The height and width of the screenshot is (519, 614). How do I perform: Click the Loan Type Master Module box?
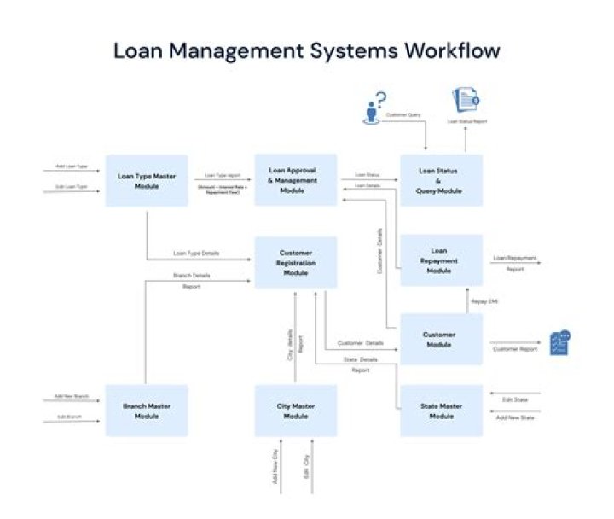pyautogui.click(x=147, y=180)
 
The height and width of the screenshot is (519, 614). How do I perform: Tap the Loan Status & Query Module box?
pyautogui.click(x=441, y=180)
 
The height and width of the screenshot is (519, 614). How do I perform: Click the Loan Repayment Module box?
pyautogui.click(x=441, y=260)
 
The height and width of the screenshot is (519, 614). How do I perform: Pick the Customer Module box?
pyautogui.click(x=441, y=339)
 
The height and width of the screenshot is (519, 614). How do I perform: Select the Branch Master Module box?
pyautogui.click(x=147, y=411)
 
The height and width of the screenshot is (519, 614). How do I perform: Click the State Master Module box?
pyautogui.click(x=441, y=411)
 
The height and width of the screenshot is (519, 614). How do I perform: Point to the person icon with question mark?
pyautogui.click(x=373, y=108)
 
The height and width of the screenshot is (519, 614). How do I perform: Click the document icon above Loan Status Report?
pyautogui.click(x=466, y=102)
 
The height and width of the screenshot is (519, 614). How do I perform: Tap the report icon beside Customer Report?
pyautogui.click(x=559, y=342)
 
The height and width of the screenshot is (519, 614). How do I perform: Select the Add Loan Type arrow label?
pyautogui.click(x=72, y=166)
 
